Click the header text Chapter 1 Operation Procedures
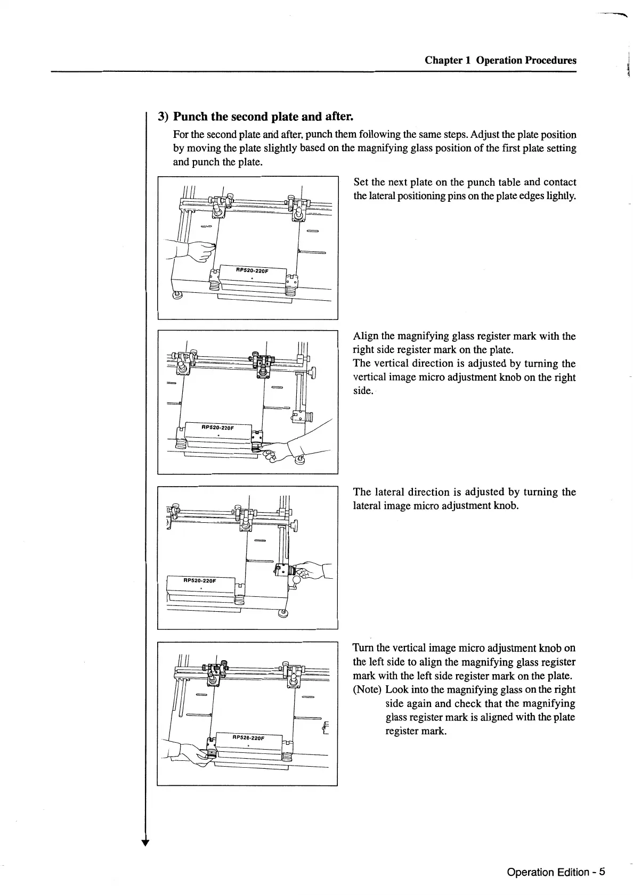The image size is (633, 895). [500, 60]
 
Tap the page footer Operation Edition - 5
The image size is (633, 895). [556, 872]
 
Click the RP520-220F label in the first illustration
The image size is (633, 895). [253, 270]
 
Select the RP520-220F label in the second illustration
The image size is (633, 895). [218, 427]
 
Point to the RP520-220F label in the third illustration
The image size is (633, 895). [200, 580]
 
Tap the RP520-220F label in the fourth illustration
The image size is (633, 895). [248, 738]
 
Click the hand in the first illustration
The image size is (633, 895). [197, 250]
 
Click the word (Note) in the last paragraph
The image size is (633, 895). [367, 689]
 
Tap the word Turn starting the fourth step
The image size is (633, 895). [363, 648]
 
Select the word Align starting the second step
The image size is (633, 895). [366, 336]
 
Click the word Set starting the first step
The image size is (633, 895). [361, 182]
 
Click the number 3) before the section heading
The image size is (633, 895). [163, 116]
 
